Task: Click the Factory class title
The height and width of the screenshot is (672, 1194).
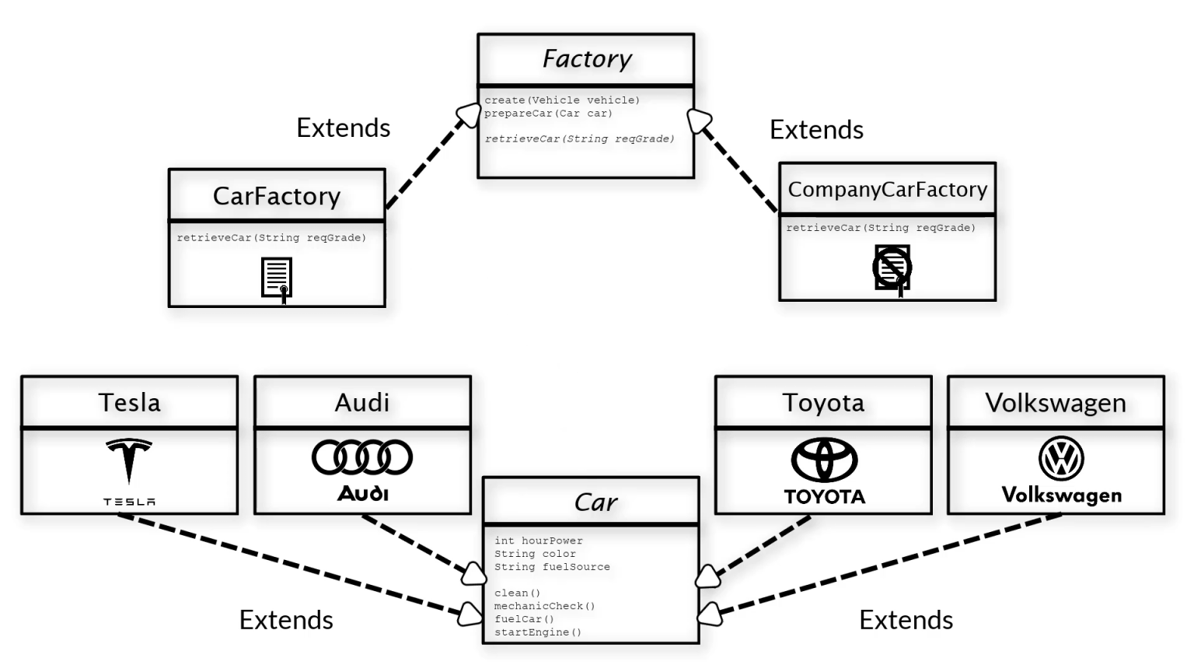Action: tap(587, 59)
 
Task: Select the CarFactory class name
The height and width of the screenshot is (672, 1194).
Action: tap(277, 196)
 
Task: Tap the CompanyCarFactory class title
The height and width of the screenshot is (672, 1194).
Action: tap(887, 190)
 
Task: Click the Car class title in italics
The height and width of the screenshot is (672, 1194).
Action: tap(595, 502)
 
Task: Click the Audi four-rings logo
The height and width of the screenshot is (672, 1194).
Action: tap(362, 457)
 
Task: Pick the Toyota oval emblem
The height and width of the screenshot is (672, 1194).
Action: tap(824, 459)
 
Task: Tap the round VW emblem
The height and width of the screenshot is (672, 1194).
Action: tap(1061, 458)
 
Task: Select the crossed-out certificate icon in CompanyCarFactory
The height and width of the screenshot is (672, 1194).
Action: tap(892, 268)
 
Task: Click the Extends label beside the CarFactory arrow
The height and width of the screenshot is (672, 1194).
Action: tap(343, 128)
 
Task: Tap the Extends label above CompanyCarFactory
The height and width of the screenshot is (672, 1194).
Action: tap(816, 130)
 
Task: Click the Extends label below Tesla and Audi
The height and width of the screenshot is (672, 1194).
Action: tap(286, 620)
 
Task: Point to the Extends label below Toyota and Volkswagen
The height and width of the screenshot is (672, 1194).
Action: tap(906, 620)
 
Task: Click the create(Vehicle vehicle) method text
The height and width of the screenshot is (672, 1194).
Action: tap(562, 100)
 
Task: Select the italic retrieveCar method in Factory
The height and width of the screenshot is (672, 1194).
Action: tap(579, 139)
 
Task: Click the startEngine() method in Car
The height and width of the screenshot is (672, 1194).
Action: tap(537, 632)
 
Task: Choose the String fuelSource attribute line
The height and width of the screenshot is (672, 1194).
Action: tap(552, 567)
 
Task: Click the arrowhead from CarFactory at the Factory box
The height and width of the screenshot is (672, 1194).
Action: tap(470, 115)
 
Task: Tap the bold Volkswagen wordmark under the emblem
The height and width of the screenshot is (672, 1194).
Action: tap(1061, 495)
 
